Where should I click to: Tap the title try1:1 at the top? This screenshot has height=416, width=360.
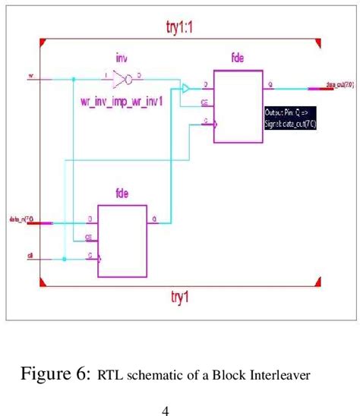pos(181,26)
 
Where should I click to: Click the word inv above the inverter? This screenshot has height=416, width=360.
pos(122,58)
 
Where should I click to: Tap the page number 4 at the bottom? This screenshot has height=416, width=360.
pos(165,411)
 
